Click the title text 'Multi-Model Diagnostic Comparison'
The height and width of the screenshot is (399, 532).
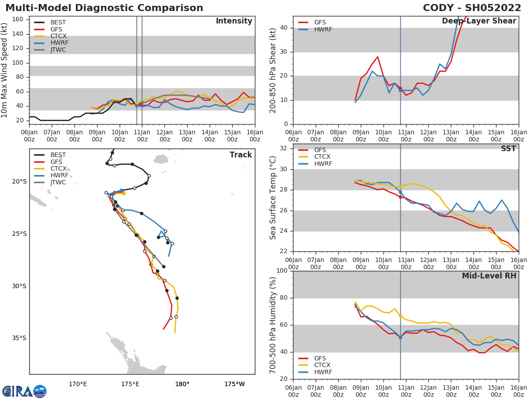coord(104,8)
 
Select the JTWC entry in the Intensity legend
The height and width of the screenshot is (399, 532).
coord(58,50)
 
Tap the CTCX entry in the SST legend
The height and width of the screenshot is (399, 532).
coord(322,157)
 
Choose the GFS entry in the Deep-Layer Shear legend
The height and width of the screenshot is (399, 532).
coord(320,23)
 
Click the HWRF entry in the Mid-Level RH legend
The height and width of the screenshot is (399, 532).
coord(323,372)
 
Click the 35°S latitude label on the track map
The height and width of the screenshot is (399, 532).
coord(19,338)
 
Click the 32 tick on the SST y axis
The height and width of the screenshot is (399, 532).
coord(284,148)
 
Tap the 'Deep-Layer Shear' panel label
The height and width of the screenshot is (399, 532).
coord(479,21)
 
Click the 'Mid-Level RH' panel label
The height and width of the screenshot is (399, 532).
coord(489,276)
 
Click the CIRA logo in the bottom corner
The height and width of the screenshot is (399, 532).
coord(24,391)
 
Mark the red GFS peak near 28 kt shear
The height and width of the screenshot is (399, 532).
coord(377,57)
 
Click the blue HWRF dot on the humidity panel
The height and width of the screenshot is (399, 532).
coord(400,337)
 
